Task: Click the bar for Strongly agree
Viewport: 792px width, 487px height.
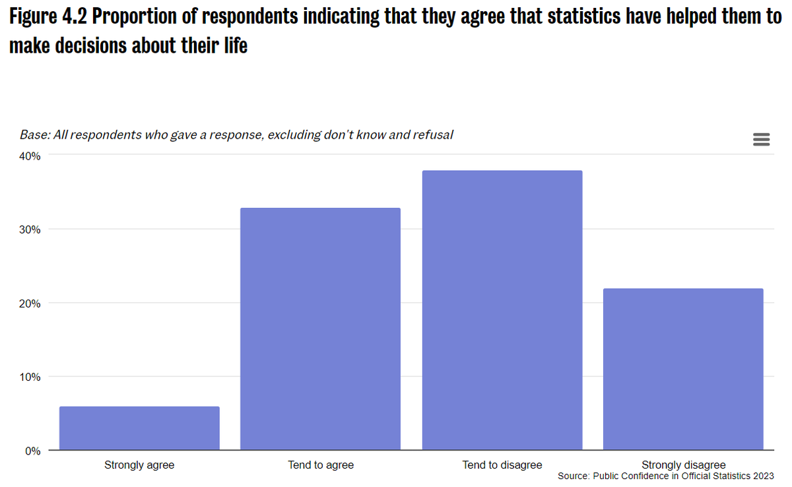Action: pos(139,428)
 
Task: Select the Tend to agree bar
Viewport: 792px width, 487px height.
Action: pos(320,329)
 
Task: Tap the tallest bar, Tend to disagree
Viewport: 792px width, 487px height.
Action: pos(502,310)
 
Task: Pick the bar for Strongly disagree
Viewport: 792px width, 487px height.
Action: pos(683,370)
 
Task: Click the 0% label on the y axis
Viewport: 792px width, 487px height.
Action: pos(33,451)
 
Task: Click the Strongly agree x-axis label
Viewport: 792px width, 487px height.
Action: pos(139,465)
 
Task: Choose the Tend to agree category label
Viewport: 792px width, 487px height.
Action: pos(321,465)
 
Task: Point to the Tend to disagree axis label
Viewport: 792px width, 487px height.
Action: pos(502,465)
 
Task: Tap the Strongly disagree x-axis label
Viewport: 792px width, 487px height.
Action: pos(683,465)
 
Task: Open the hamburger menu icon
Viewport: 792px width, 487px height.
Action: pos(761,139)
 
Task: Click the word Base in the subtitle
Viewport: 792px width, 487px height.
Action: pos(34,135)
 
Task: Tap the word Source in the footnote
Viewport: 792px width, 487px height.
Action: pos(573,476)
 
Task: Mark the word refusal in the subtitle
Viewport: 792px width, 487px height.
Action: pos(434,135)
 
